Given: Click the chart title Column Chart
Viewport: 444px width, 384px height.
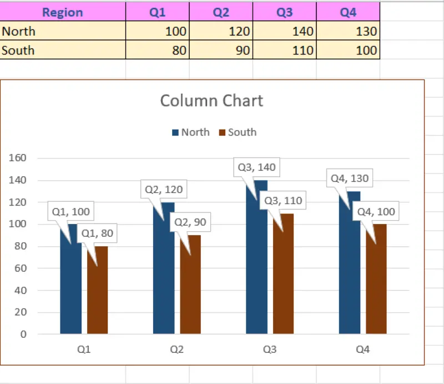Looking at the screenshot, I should coord(211,101).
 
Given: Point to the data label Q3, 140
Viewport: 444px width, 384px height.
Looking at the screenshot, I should coord(256,167).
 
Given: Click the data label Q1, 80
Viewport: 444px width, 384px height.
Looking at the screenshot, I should coord(97,233).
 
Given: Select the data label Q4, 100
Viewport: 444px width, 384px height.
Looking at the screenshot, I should coord(376,212).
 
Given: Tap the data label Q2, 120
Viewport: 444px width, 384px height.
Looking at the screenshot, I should coord(164,189).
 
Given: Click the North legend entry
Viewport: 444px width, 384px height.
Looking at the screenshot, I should coord(191,132).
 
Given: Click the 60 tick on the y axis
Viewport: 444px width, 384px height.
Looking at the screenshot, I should coord(21,268).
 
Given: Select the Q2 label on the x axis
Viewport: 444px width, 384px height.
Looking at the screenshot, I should coord(176,350).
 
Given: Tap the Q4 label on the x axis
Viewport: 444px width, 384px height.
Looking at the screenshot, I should coord(362,350).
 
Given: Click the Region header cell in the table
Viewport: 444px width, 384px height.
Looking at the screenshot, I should coord(62,12).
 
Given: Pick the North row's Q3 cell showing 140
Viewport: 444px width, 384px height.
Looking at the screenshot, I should coord(284,32).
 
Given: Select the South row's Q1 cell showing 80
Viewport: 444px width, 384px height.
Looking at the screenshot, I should coord(157,51).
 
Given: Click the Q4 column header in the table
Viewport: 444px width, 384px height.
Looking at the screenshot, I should coord(348,12).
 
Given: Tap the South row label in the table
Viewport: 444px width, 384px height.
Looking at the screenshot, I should coord(62,51).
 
